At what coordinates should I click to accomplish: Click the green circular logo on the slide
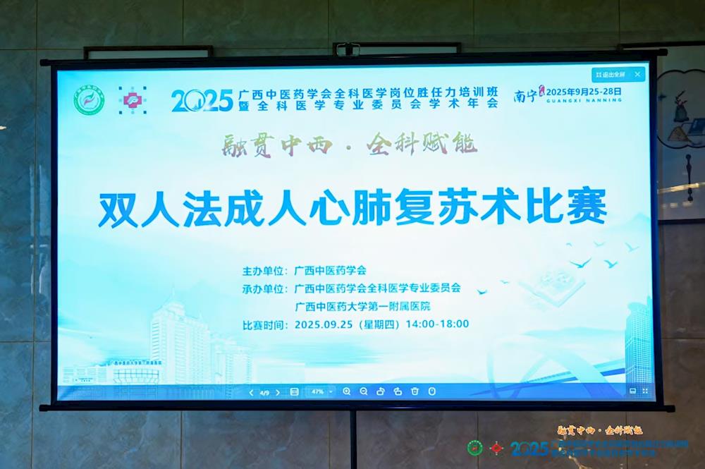pos(89,100)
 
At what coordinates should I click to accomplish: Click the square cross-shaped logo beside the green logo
pos(131,101)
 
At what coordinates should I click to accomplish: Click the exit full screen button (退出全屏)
pos(610,74)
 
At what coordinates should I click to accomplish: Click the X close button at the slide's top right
pos(637,74)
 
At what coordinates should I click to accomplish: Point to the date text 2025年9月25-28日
pos(584,91)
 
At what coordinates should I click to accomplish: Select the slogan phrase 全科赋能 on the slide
pos(421,145)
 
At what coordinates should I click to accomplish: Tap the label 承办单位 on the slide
pos(265,288)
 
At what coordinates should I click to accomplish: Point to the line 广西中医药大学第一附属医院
pos(362,306)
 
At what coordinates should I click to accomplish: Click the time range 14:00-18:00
pos(437,324)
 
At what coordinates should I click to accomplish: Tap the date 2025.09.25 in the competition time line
pos(325,324)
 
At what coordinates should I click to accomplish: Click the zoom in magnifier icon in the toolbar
pos(346,391)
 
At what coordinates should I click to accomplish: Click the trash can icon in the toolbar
pos(415,391)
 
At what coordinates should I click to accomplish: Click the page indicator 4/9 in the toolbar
pos(264,391)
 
